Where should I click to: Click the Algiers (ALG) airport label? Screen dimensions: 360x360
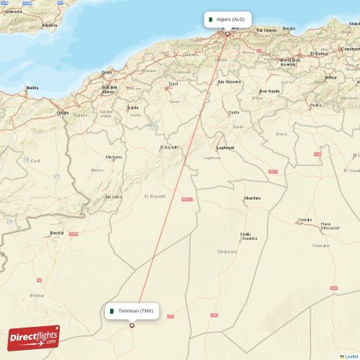click(230, 19)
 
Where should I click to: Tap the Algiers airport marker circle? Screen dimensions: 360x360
click(228, 34)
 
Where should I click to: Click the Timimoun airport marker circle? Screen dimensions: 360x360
click(132, 325)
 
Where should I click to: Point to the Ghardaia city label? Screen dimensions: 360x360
click(252, 198)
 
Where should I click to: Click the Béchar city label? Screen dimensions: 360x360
click(57, 233)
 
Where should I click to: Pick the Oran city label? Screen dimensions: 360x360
click(107, 72)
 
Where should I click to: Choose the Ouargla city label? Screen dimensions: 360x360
click(305, 220)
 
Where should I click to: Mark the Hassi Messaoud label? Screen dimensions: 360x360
click(331, 226)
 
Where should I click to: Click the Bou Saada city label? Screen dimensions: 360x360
click(269, 91)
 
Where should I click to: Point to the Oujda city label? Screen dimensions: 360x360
click(63, 112)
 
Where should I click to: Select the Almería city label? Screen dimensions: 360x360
click(50, 25)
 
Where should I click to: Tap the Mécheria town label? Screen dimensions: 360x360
click(114, 156)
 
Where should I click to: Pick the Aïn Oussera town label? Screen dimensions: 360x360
click(229, 81)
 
